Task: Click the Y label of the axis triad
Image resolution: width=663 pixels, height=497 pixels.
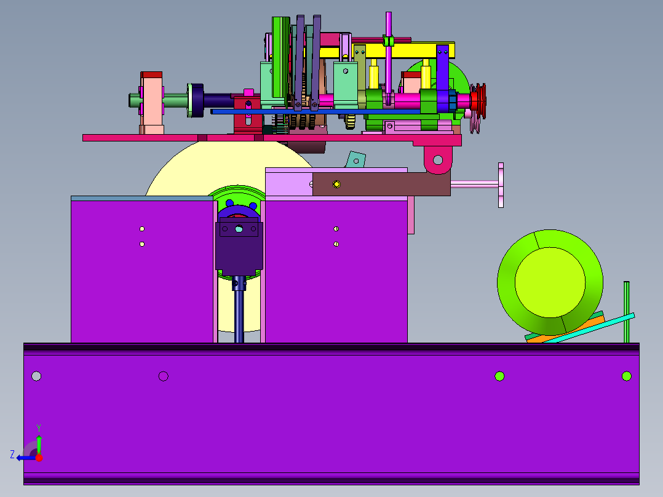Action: pyautogui.click(x=39, y=427)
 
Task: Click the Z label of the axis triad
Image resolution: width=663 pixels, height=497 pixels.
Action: pyautogui.click(x=12, y=455)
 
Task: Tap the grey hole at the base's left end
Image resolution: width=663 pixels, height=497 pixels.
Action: pyautogui.click(x=36, y=376)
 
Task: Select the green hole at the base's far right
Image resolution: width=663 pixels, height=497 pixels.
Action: pyautogui.click(x=627, y=376)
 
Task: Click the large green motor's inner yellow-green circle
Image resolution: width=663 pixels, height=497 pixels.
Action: pyautogui.click(x=550, y=282)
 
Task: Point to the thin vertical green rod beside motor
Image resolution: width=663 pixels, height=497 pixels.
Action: pyautogui.click(x=627, y=312)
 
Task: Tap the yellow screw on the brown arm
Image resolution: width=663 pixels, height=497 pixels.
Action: pyautogui.click(x=336, y=184)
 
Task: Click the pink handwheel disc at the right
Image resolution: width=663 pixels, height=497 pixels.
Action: pyautogui.click(x=501, y=185)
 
